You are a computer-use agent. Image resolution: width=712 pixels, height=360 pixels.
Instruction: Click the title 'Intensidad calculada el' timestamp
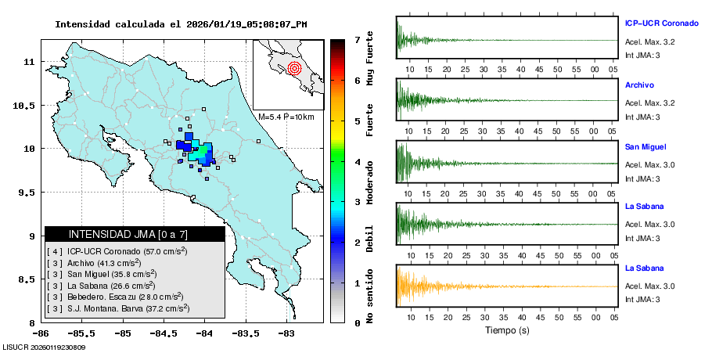click(x=181, y=24)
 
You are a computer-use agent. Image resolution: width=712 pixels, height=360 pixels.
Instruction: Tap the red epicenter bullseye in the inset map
click(x=294, y=68)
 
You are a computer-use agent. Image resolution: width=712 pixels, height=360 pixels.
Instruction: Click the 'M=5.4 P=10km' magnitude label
click(x=286, y=117)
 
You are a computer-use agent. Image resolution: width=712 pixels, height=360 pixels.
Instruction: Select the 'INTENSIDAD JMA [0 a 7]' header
click(x=135, y=234)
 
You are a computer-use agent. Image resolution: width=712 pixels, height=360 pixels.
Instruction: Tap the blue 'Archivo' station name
click(x=640, y=85)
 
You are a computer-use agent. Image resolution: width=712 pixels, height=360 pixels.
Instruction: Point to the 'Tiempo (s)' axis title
click(x=507, y=330)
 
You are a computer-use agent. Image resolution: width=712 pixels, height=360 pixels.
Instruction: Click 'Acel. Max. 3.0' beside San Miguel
click(x=649, y=164)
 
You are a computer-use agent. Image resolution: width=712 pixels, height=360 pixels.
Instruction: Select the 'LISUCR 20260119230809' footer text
click(x=44, y=347)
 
